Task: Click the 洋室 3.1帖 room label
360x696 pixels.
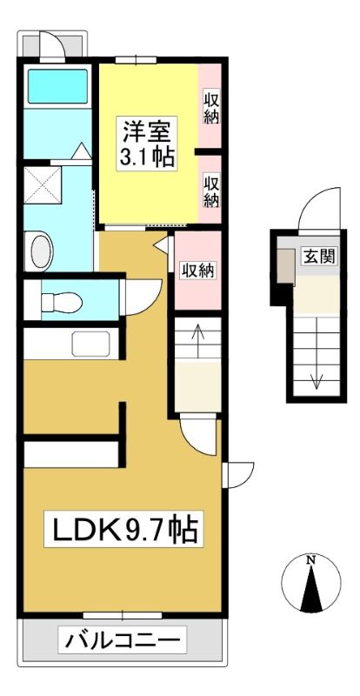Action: (x=146, y=143)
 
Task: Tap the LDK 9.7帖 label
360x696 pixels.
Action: (x=123, y=529)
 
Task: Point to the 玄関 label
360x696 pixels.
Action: (x=319, y=256)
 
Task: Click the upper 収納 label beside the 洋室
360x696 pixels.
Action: (x=211, y=107)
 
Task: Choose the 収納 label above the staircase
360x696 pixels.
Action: (x=197, y=271)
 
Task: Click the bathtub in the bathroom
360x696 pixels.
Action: (x=57, y=86)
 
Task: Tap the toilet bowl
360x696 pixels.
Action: (x=61, y=302)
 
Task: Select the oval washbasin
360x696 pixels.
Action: (x=42, y=251)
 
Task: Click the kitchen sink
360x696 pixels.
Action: (x=90, y=344)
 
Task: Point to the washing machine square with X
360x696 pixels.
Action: (x=43, y=185)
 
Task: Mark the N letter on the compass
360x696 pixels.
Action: (x=311, y=559)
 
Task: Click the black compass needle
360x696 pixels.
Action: (x=311, y=589)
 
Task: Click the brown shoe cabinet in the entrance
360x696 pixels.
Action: (x=286, y=267)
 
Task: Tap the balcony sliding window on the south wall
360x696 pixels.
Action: (x=123, y=616)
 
